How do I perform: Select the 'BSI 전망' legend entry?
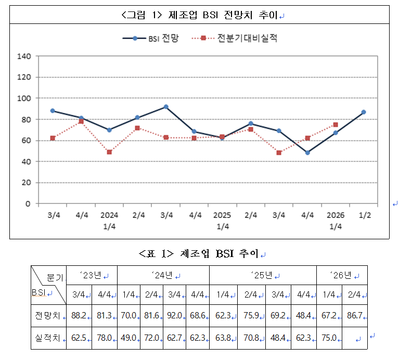pos(151,38)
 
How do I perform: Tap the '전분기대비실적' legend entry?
pos(235,38)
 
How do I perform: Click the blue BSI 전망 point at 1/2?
pos(364,112)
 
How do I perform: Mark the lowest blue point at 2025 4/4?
pos(307,152)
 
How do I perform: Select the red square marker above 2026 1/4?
pos(336,125)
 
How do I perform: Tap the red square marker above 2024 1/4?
pos(109,152)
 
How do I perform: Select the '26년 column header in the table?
pos(342,275)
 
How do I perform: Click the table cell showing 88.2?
pos(79,315)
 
